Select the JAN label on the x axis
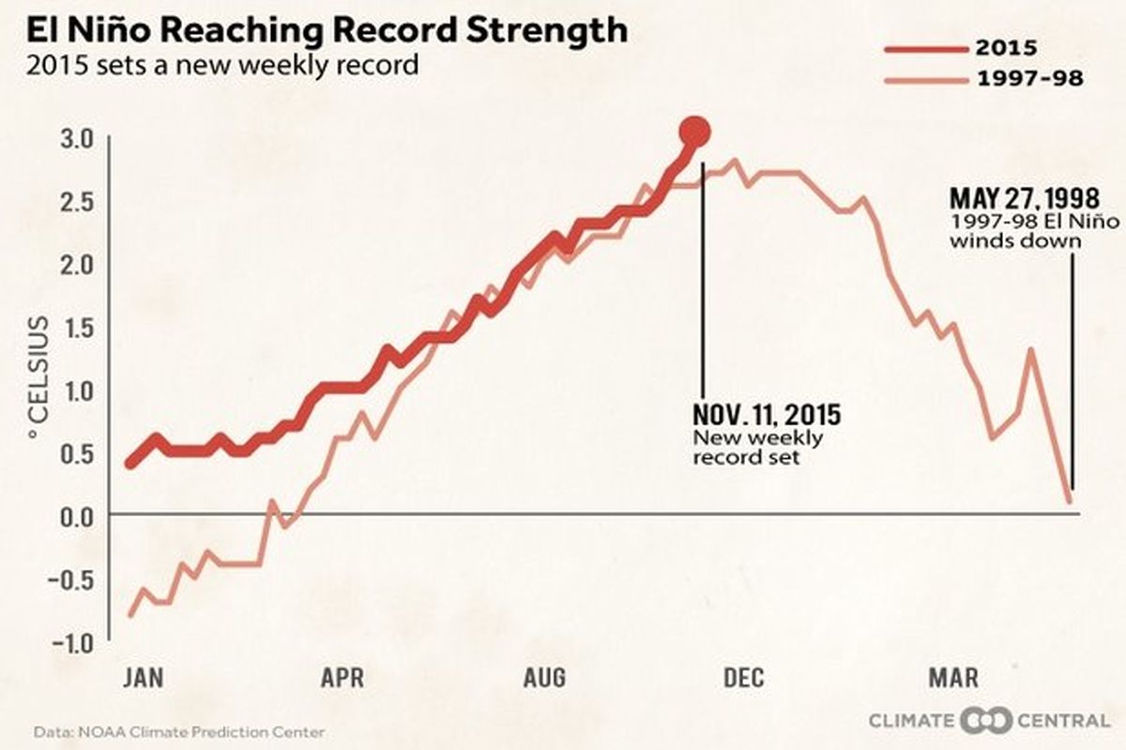pyautogui.click(x=143, y=678)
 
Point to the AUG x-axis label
pyautogui.click(x=544, y=678)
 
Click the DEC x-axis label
pyautogui.click(x=744, y=678)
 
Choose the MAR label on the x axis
pyautogui.click(x=952, y=678)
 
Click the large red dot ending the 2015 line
pyautogui.click(x=695, y=131)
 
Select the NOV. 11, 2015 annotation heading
pyautogui.click(x=767, y=414)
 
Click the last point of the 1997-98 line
pyautogui.click(x=1070, y=500)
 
